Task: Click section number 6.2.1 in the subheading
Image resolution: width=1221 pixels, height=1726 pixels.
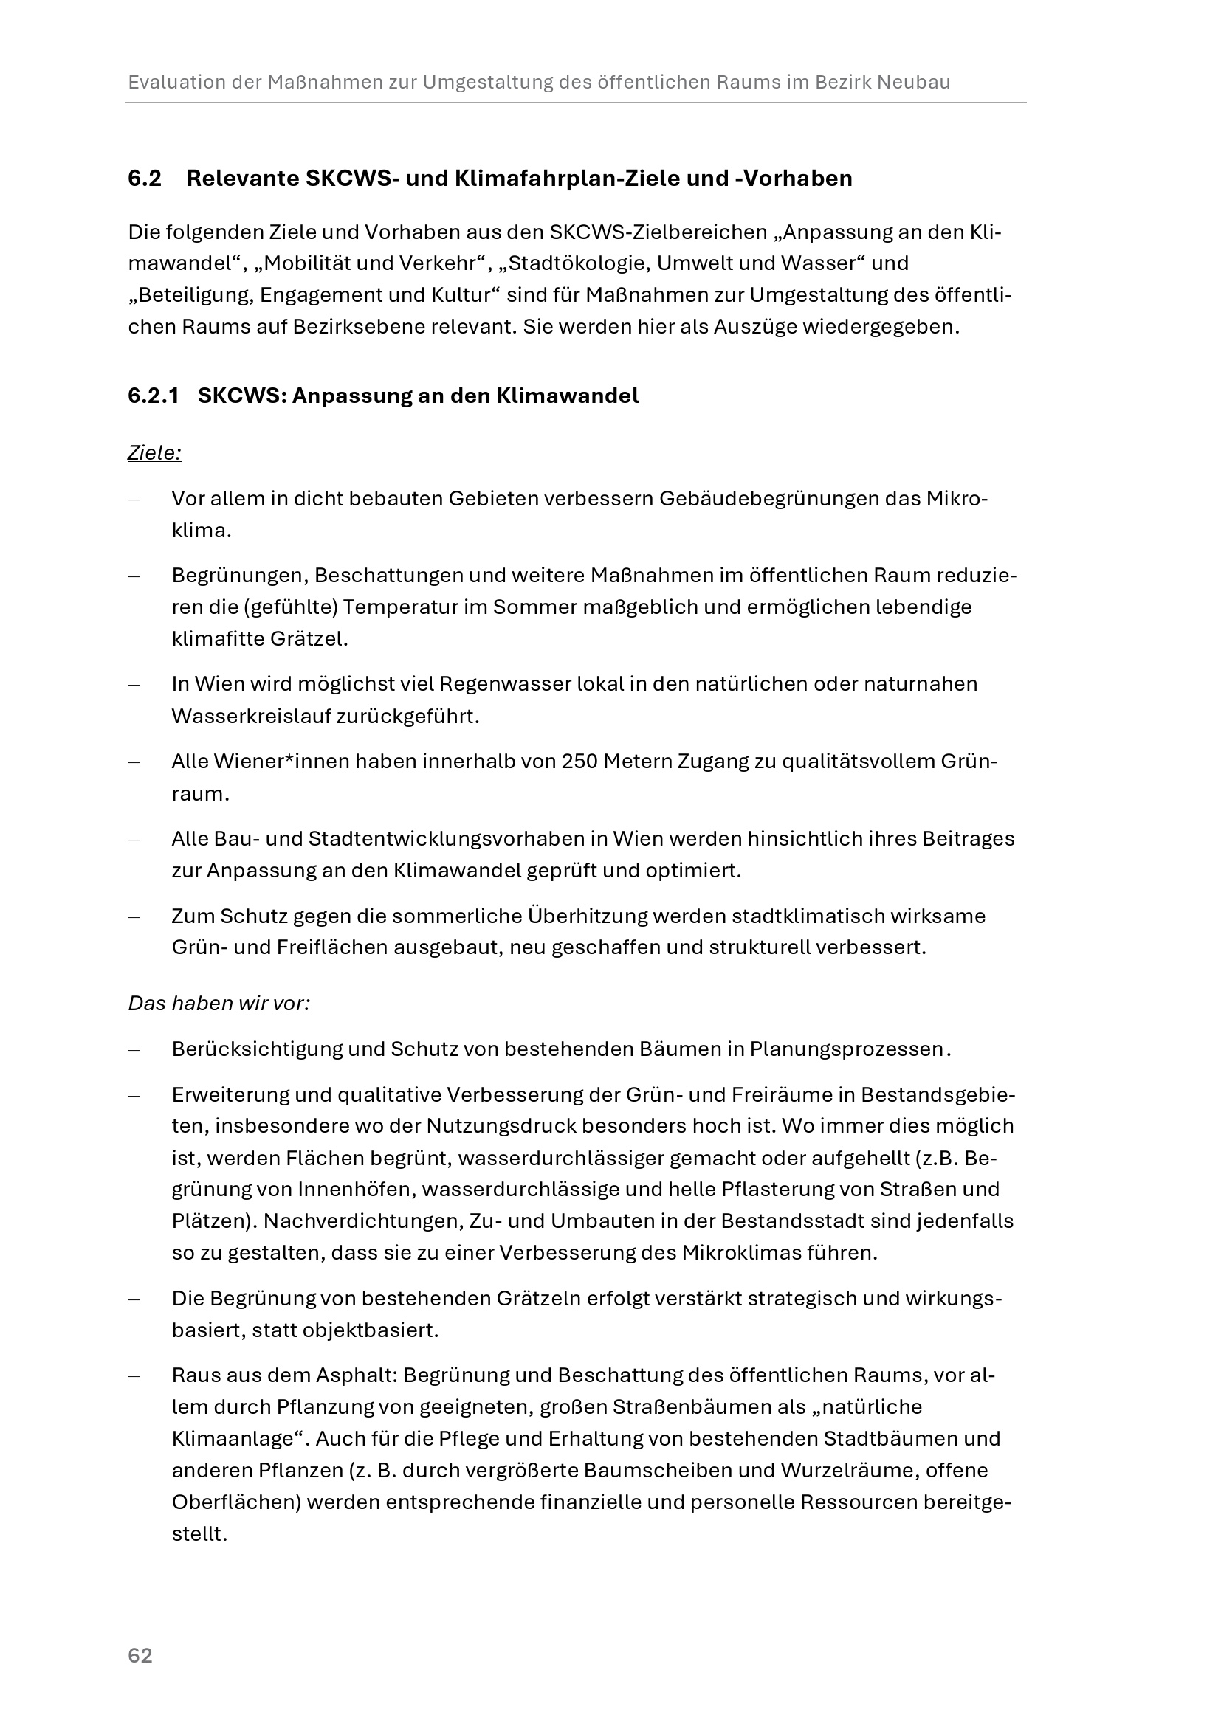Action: click(154, 396)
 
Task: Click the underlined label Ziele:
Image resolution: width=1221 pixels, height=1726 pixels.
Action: click(155, 453)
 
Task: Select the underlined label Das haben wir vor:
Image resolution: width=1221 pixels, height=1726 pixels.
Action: click(219, 1004)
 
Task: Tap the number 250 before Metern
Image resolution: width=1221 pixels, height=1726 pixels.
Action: click(579, 762)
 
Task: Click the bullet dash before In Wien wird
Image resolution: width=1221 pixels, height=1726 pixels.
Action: click(134, 685)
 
